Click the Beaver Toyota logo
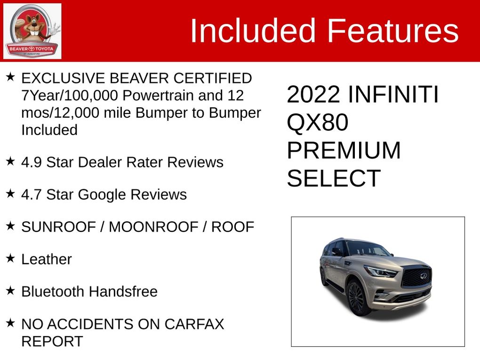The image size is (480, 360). coord(32,31)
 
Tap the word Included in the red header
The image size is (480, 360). coord(253,31)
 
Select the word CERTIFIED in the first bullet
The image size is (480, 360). coord(212,78)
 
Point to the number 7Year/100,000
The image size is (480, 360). coord(70,96)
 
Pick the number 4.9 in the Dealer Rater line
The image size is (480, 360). coord(32,162)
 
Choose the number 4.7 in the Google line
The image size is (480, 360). coord(32,194)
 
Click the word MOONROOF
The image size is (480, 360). coord(154,227)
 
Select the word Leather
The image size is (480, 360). coord(47,259)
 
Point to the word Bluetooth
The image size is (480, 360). coord(53,291)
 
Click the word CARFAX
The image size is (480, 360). coord(194,324)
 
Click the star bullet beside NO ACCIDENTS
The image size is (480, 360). coord(10,323)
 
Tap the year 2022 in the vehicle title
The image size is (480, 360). coord(313,94)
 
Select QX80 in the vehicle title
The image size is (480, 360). coord(318,122)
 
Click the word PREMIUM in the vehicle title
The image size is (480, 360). coord(344,150)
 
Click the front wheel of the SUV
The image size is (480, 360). coord(357,297)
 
